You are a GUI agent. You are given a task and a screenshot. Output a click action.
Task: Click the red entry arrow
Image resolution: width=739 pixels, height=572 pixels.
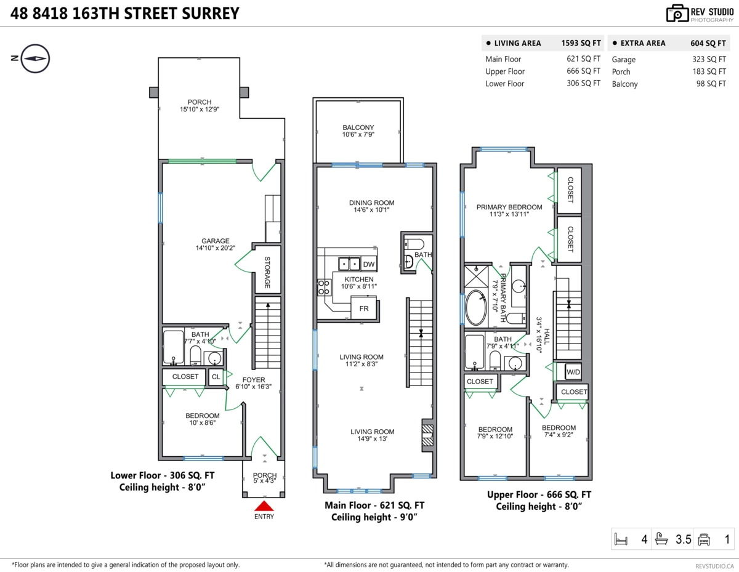(x=264, y=506)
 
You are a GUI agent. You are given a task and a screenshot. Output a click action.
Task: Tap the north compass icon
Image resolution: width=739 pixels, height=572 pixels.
(x=35, y=58)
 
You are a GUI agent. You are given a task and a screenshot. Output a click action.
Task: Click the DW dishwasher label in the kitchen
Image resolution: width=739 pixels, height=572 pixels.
(x=369, y=264)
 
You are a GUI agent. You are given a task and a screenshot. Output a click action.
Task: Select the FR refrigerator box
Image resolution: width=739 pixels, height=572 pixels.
(x=364, y=308)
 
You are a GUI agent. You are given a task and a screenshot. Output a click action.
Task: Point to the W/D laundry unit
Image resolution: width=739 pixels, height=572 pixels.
(x=573, y=372)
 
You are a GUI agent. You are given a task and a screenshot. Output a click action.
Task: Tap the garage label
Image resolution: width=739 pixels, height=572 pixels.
(x=216, y=241)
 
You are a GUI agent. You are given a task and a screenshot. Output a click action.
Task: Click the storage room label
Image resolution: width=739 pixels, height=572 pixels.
(x=267, y=273)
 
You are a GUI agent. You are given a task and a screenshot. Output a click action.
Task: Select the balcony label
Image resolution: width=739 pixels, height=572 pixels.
(x=358, y=127)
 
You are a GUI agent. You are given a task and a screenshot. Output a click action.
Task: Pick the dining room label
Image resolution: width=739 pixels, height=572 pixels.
(x=372, y=203)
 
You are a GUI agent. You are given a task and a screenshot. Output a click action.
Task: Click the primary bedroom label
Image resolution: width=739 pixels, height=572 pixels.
(x=509, y=207)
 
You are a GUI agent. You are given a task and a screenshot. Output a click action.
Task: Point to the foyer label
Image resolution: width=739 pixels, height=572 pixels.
(x=253, y=380)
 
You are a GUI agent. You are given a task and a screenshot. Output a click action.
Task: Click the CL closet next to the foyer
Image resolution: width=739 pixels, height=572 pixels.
(x=216, y=377)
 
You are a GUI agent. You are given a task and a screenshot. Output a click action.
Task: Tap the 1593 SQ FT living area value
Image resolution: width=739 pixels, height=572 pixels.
(x=581, y=43)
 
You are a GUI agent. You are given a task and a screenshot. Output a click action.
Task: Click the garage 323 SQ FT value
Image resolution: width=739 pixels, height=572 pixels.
(x=709, y=60)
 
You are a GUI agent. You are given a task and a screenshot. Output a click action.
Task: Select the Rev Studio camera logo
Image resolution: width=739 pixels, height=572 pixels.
(x=677, y=14)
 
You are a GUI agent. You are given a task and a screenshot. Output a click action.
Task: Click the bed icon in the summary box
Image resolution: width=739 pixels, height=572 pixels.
(x=621, y=539)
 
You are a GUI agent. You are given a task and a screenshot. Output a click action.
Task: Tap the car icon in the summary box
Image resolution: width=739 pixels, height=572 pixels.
(x=704, y=539)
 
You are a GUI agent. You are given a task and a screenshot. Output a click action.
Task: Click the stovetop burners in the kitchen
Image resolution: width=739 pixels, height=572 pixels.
(x=324, y=287)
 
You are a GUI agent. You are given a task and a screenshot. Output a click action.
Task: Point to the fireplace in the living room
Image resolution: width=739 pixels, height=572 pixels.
(x=427, y=435)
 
